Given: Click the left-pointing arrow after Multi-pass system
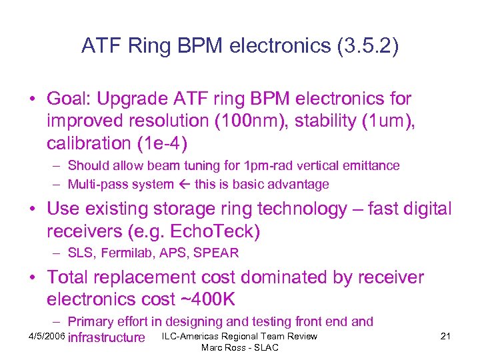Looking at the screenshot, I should pyautogui.click(x=186, y=184).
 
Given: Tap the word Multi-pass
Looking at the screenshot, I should pyautogui.click(x=96, y=184).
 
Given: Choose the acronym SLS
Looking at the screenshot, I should pyautogui.click(x=81, y=253).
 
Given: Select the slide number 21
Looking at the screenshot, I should pyautogui.click(x=446, y=337).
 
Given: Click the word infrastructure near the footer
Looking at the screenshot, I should pyautogui.click(x=107, y=337).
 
